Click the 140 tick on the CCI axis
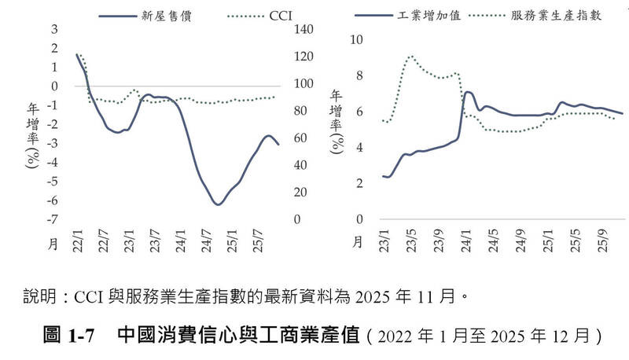[303, 30]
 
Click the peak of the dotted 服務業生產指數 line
[411, 57]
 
